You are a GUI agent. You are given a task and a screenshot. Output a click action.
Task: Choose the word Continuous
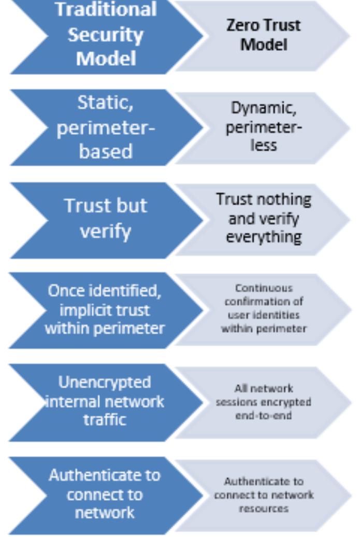pos(263,287)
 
